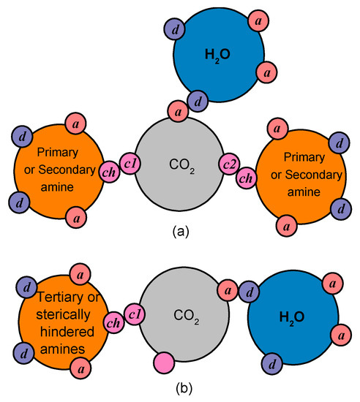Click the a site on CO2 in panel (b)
(x=227, y=292)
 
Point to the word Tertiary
(x=61, y=300)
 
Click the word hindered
(x=61, y=330)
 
